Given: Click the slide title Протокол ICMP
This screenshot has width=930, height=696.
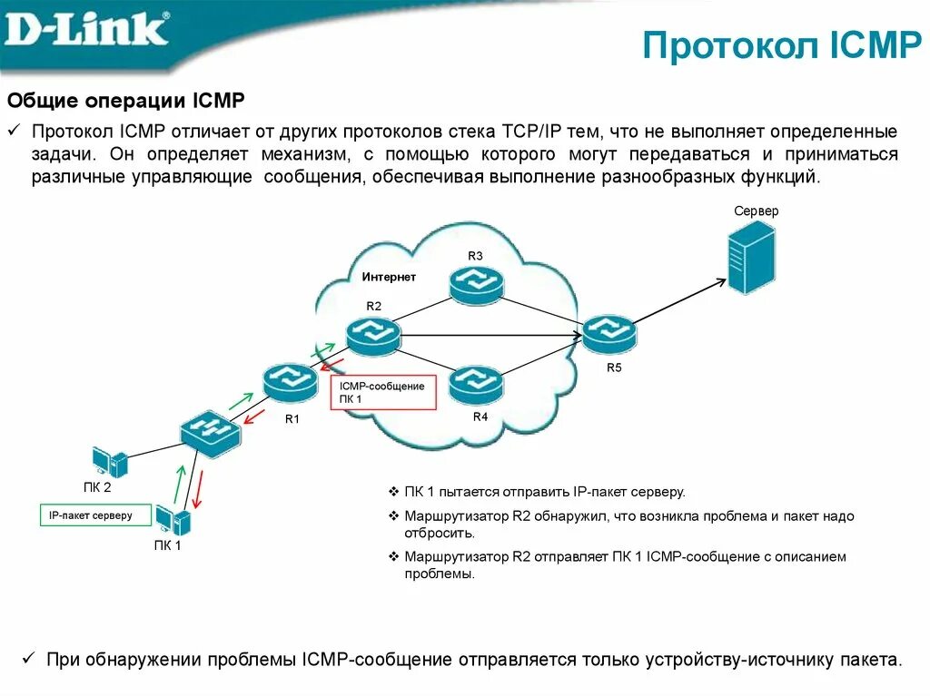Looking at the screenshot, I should point(782,45).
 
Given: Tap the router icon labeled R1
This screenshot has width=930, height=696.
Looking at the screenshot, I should point(292,381).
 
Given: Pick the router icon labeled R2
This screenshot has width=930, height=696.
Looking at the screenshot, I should point(372,335).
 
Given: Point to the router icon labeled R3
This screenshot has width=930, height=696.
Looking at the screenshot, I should point(476,285).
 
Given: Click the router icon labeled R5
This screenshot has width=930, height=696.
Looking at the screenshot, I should point(609,335).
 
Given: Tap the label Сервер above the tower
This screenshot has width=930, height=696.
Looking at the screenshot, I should point(757,211).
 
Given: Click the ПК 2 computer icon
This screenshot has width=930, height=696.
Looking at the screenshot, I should point(110,462).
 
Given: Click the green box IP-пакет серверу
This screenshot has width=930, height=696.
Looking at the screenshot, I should point(90,515).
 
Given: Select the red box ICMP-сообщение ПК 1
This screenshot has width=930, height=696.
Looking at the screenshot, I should point(382,393).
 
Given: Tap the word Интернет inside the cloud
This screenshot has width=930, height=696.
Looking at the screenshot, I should point(389,277).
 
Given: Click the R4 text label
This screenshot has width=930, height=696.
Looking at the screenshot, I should point(480,417).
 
